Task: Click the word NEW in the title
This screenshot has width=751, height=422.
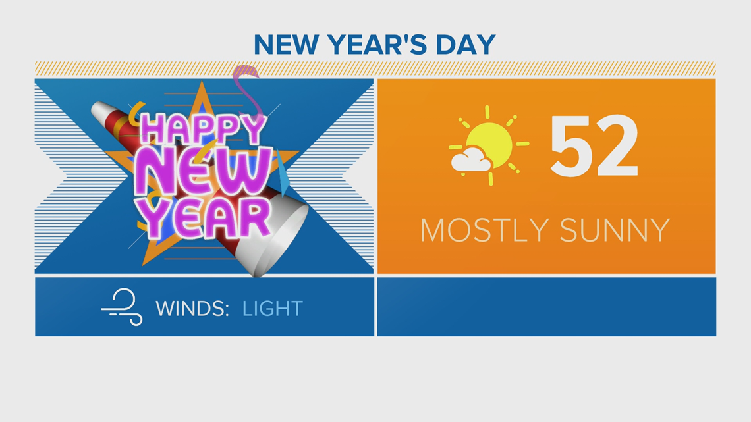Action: [x=285, y=45]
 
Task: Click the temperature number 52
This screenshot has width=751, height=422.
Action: [x=594, y=146]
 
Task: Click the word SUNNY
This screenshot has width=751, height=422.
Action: [x=615, y=230]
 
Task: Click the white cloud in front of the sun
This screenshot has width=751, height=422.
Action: [x=471, y=160]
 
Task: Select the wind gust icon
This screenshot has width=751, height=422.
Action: [x=122, y=307]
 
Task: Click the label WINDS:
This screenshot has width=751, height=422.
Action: [x=192, y=309]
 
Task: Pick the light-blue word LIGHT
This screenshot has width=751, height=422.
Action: [x=273, y=309]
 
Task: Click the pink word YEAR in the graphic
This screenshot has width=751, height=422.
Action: [x=207, y=218]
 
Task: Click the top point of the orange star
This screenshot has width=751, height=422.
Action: [x=202, y=82]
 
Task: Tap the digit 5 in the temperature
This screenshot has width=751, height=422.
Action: [x=570, y=146]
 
